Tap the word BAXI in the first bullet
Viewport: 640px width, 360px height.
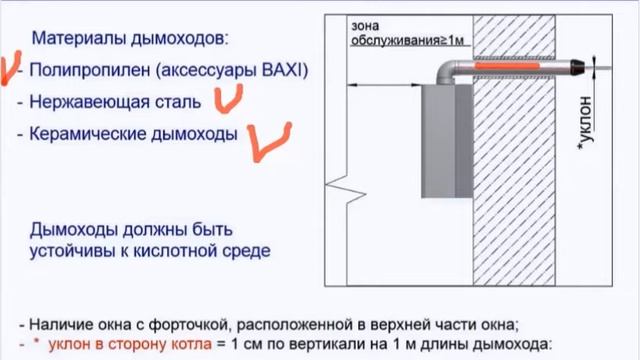click(x=287, y=71)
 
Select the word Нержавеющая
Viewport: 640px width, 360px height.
click(x=83, y=102)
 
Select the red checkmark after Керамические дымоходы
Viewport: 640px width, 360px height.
click(x=268, y=140)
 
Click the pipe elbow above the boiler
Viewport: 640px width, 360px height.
click(x=446, y=73)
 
